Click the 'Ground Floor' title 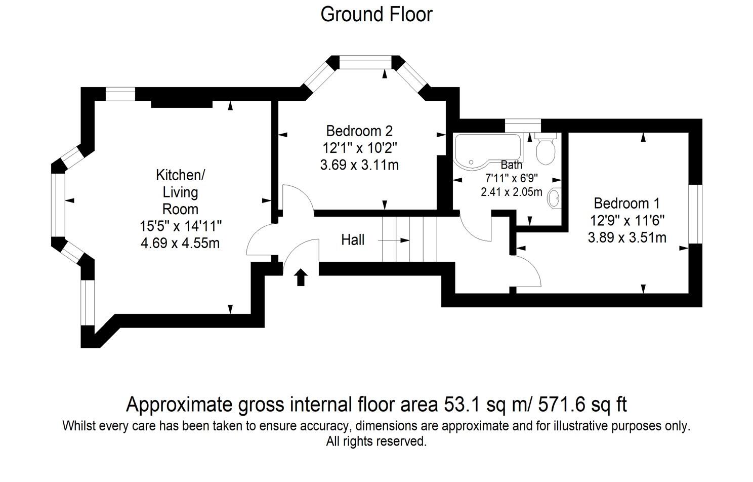[376, 14]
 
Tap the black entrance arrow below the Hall [301, 277]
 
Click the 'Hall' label [353, 239]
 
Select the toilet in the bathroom [546, 149]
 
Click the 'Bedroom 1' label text [626, 204]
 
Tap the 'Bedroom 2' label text [359, 131]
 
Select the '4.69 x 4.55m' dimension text [180, 243]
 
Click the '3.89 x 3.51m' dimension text [626, 237]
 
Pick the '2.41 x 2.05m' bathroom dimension [511, 192]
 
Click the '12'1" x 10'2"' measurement [359, 148]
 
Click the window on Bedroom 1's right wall [696, 214]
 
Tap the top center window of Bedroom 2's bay [365, 62]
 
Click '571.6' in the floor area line [560, 405]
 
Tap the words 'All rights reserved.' [376, 441]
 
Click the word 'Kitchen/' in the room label [180, 175]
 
